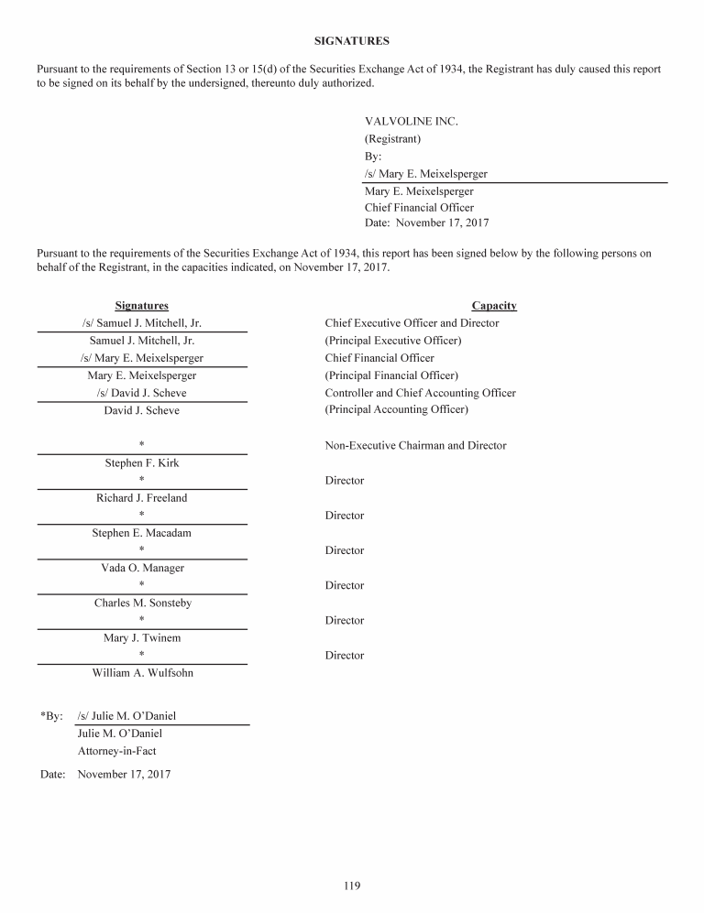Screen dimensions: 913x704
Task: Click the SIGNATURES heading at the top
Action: pos(352,41)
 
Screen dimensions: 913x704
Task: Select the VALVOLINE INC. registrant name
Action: pos(411,122)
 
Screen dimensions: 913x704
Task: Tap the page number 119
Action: pos(352,886)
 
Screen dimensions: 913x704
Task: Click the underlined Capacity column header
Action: pos(494,306)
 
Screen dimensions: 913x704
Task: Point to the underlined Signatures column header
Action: pos(141,306)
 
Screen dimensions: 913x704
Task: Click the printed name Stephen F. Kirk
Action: pos(142,463)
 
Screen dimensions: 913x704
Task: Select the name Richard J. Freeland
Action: pos(141,498)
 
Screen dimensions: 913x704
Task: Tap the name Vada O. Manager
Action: pos(142,568)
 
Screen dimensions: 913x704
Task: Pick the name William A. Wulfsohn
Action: pos(142,673)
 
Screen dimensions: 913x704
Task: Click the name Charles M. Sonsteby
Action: pos(142,603)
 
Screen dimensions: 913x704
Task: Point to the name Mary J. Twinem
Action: pos(141,638)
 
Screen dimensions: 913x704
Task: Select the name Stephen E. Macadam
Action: pos(141,533)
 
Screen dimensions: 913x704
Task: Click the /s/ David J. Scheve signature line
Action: pos(141,393)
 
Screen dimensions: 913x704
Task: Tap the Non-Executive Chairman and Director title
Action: pos(415,446)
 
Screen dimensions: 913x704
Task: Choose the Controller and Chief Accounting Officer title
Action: pos(420,393)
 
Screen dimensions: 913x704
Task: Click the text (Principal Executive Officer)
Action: pos(393,341)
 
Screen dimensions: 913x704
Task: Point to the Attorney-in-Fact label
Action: pos(116,751)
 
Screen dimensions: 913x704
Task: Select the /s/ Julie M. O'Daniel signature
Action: pos(126,716)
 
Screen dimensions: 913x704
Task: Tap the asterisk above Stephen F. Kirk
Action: pos(141,446)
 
